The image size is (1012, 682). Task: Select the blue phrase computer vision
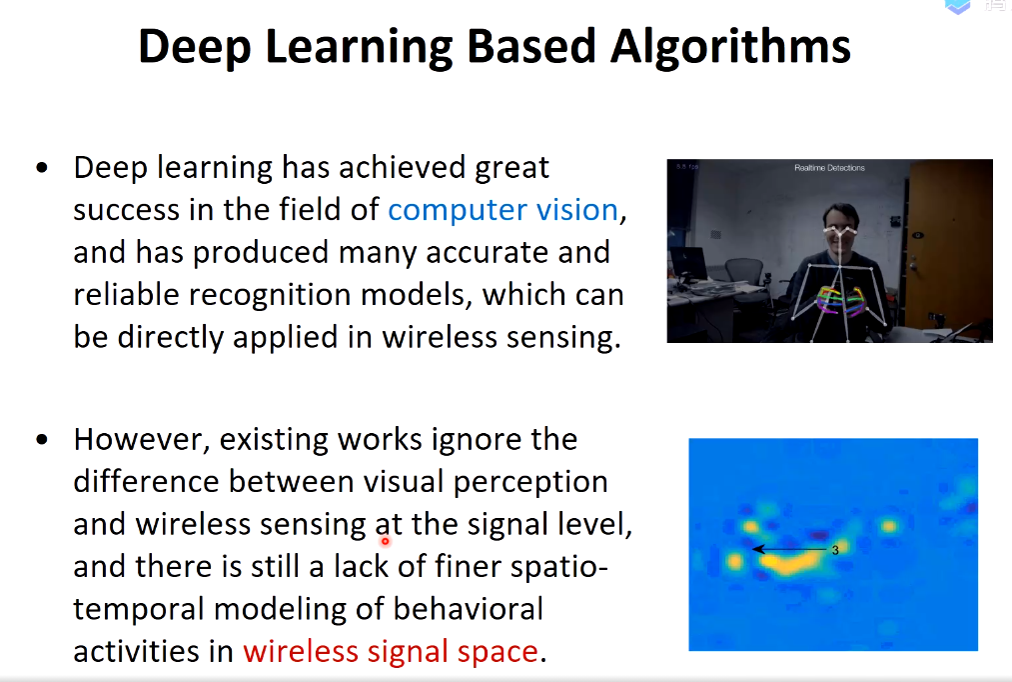504,210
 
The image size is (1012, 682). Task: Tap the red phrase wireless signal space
391,652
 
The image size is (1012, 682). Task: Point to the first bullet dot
43,169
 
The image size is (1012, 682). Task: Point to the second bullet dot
43,440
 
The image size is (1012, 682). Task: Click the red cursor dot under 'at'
386,541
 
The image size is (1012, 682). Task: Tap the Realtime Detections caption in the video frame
829,168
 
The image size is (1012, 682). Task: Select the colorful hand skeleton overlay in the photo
840,301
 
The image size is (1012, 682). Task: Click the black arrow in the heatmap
790,550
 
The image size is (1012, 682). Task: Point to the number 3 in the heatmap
835,550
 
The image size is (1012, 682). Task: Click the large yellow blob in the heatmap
788,563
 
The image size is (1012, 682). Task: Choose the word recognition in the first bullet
271,295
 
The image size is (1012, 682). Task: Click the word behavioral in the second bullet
468,609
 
